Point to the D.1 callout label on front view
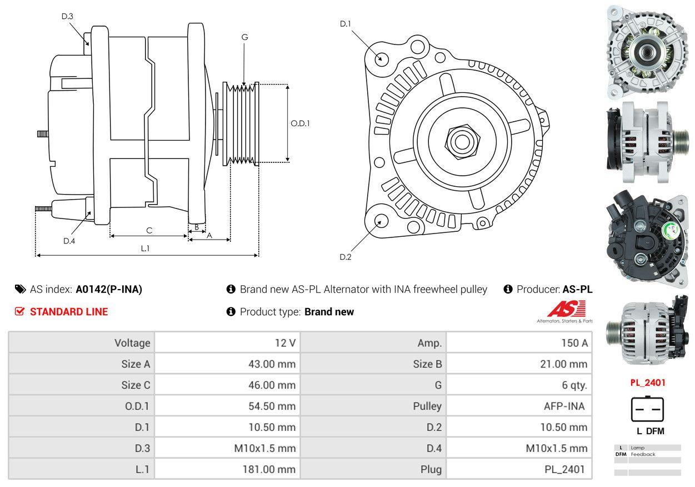pos(346,24)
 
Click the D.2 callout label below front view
pos(346,257)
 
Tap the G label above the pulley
pos(244,37)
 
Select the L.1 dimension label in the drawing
pos(145,249)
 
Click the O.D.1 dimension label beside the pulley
pos(300,123)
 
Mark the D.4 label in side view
pos(69,241)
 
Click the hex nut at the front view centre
pos(461,141)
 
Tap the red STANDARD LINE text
pos(68,312)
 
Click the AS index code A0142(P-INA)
pos(109,289)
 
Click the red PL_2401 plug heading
pos(647,382)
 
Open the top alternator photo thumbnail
pos(647,52)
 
